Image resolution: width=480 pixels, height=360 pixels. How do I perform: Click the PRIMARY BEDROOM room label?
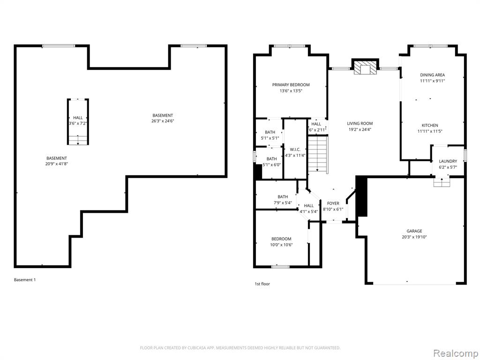click(x=291, y=85)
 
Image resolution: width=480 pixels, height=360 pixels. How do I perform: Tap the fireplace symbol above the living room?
click(x=365, y=67)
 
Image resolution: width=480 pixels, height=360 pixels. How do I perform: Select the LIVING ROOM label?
click(x=360, y=123)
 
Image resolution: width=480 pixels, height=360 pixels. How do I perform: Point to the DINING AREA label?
click(x=432, y=75)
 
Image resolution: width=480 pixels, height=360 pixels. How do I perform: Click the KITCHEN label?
click(x=430, y=125)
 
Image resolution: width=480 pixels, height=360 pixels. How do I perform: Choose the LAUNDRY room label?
click(x=448, y=161)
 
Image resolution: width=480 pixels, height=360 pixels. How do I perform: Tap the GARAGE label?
click(x=414, y=231)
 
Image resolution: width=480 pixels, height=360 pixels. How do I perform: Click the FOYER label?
click(x=333, y=203)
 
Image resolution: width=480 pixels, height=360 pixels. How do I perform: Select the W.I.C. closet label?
click(x=295, y=150)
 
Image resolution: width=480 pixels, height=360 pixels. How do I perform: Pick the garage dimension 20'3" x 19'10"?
click(x=414, y=237)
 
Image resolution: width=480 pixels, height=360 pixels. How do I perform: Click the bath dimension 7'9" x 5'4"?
click(x=283, y=202)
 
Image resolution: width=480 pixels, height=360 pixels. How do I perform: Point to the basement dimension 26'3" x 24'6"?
click(x=162, y=121)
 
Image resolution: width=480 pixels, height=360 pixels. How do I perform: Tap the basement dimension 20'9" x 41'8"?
click(x=56, y=164)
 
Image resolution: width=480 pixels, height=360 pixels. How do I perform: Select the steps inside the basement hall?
click(x=78, y=140)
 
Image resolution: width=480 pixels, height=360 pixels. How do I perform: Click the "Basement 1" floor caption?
click(x=25, y=280)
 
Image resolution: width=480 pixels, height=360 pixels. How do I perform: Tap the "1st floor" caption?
click(x=262, y=284)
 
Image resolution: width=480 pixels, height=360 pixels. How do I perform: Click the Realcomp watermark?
click(x=455, y=353)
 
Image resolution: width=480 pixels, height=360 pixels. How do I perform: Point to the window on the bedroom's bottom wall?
click(x=280, y=267)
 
